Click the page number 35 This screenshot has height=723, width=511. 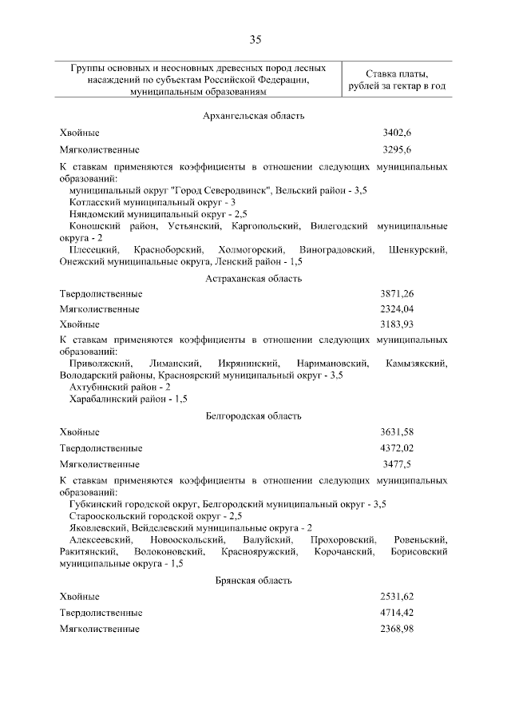255,39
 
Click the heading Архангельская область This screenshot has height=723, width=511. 253,117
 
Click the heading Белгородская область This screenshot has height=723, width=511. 253,416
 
